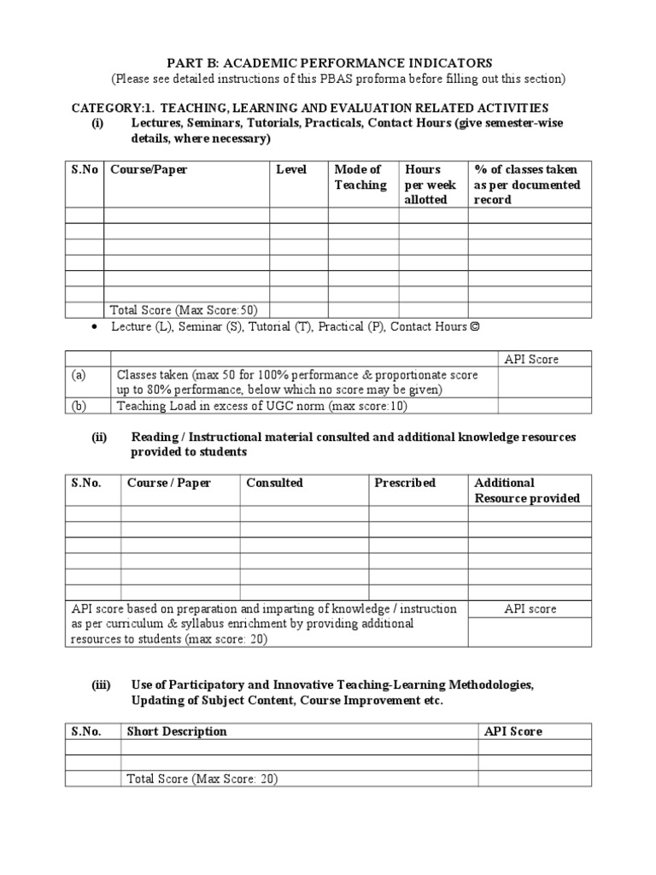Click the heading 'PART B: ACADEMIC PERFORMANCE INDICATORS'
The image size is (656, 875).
[328, 62]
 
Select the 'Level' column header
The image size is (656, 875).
[291, 169]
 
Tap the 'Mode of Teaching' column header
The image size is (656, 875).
[360, 177]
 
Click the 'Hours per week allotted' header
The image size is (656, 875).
[430, 184]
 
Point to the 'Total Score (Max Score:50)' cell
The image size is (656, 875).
[184, 309]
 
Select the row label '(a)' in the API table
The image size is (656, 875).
[79, 374]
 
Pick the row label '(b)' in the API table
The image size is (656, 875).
[79, 406]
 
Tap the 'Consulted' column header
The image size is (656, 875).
[274, 483]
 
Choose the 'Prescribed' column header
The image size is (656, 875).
[404, 483]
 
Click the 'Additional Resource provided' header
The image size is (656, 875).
[526, 490]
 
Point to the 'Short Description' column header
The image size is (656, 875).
[177, 731]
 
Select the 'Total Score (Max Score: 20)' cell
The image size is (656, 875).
[202, 778]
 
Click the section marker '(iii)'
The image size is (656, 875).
[102, 685]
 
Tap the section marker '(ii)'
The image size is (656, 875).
[100, 437]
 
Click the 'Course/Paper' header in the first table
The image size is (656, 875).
[149, 169]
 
